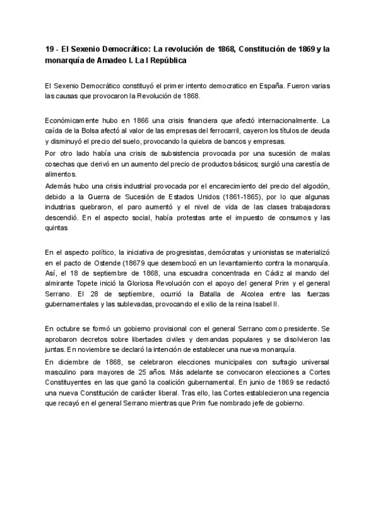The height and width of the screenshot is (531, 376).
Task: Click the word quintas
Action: pos(58,229)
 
